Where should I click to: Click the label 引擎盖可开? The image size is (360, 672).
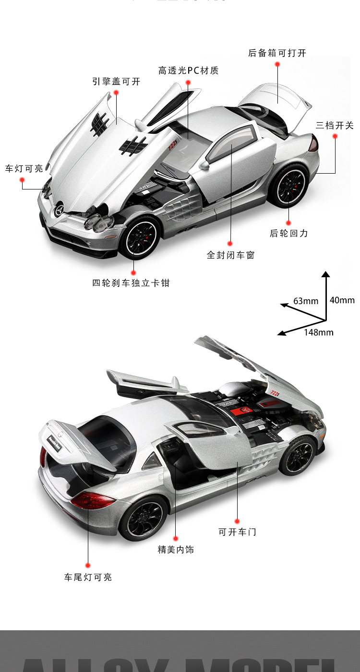pos(116,82)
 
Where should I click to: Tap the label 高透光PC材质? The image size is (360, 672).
pos(188,71)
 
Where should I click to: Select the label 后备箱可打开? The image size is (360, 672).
pos(277,53)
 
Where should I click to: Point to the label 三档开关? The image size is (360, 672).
pos(335,126)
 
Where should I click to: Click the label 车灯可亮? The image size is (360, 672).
pos(24,168)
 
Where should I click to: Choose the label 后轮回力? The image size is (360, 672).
pos(288,234)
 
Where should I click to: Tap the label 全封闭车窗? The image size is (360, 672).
pos(230,255)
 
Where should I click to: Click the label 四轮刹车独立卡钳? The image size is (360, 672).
pos(131,283)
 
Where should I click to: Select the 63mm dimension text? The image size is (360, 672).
pos(306,301)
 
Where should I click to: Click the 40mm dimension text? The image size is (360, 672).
pos(342,300)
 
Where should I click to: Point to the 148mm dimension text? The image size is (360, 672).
pos(318,332)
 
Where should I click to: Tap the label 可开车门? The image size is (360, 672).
pos(237,532)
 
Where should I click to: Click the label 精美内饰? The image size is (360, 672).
pos(176,550)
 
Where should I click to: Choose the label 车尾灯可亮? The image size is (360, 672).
pos(88,577)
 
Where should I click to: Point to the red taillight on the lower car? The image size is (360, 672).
pos(93,501)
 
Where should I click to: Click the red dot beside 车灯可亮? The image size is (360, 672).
pos(22,180)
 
